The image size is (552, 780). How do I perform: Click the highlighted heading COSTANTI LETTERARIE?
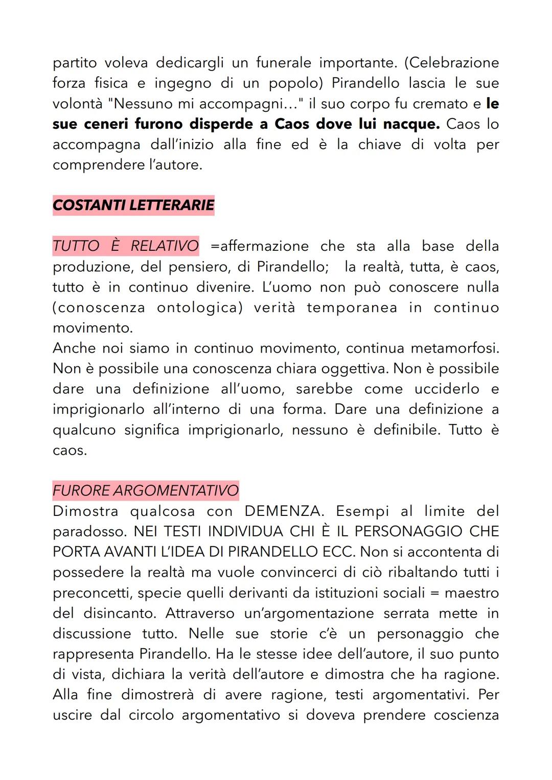133,205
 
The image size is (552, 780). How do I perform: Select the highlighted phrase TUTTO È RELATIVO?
126,246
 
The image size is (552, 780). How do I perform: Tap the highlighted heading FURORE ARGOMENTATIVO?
146,491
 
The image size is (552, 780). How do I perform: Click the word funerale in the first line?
284,63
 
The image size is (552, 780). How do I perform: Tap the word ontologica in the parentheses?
200,308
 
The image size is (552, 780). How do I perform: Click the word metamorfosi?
455,348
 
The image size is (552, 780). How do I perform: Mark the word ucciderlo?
447,389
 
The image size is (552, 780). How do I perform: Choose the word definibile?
407,430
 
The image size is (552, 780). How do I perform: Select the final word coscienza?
466,715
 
